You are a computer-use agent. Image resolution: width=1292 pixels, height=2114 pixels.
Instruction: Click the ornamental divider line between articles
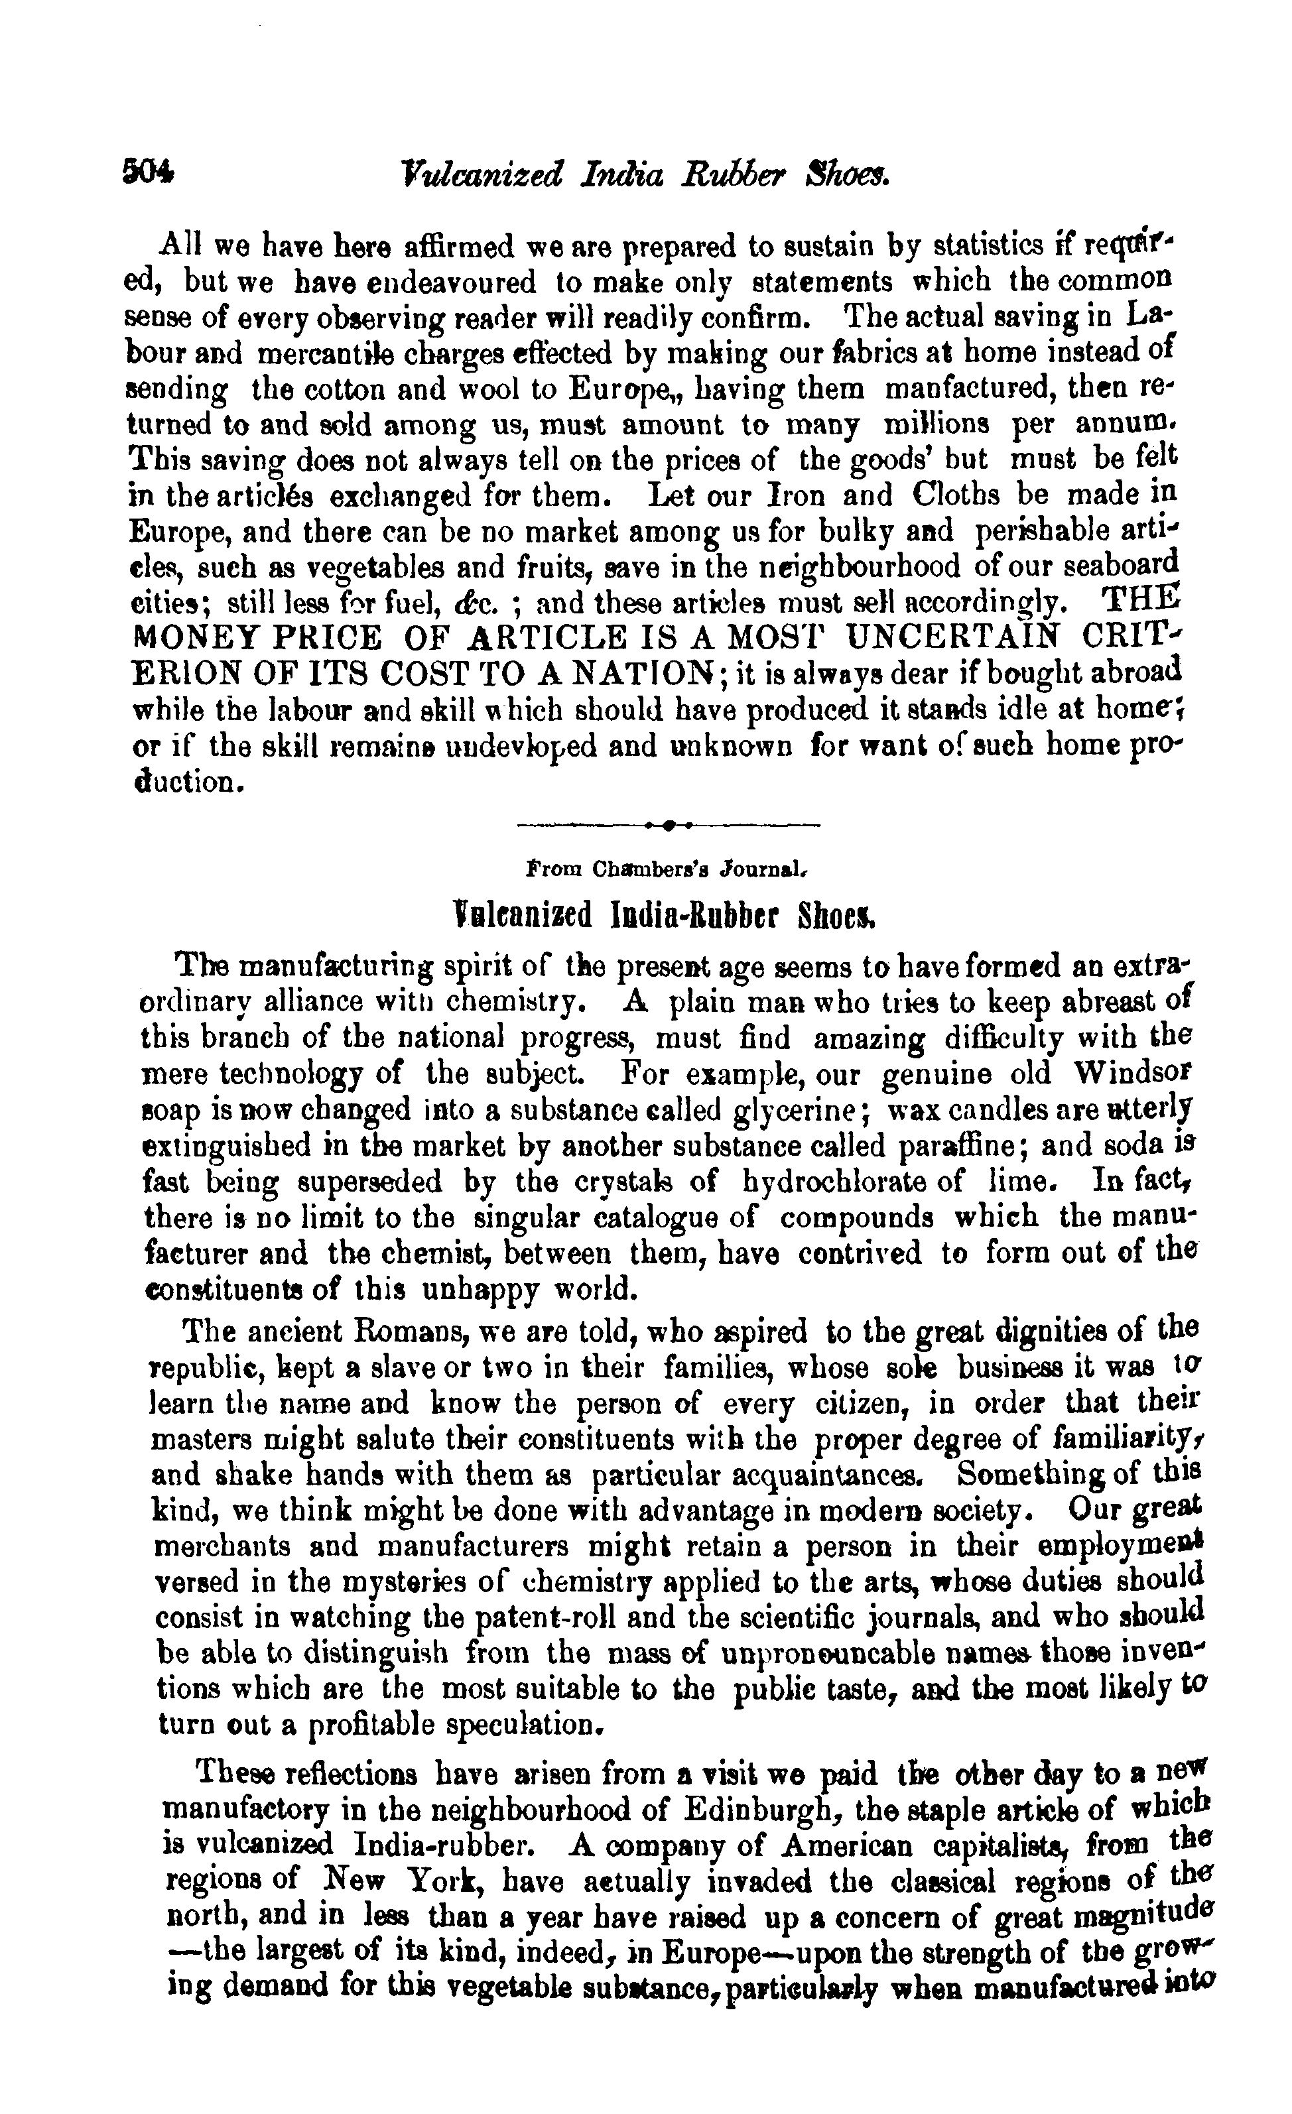tap(669, 826)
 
